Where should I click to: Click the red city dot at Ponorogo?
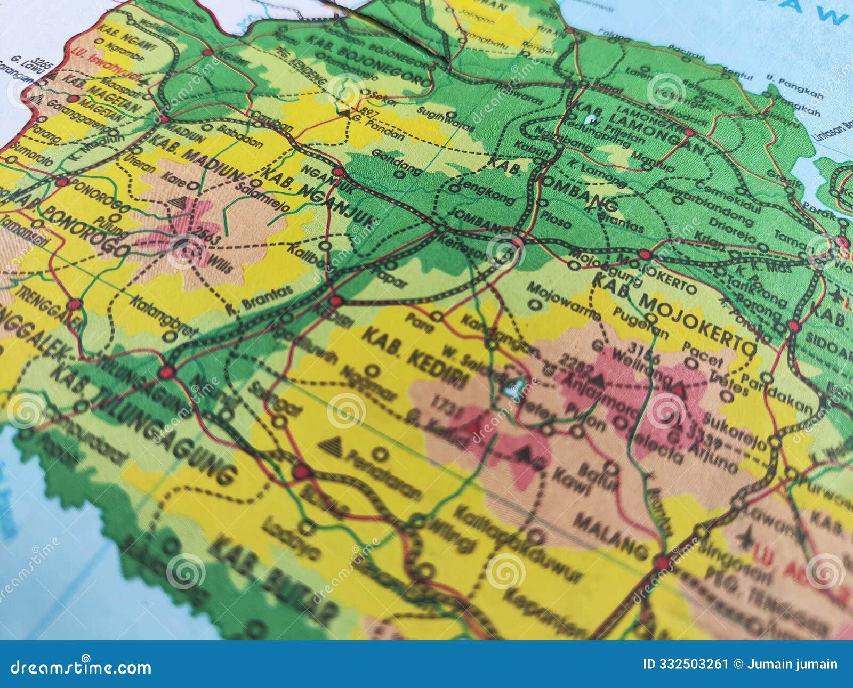point(62,182)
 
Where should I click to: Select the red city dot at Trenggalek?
point(75,304)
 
